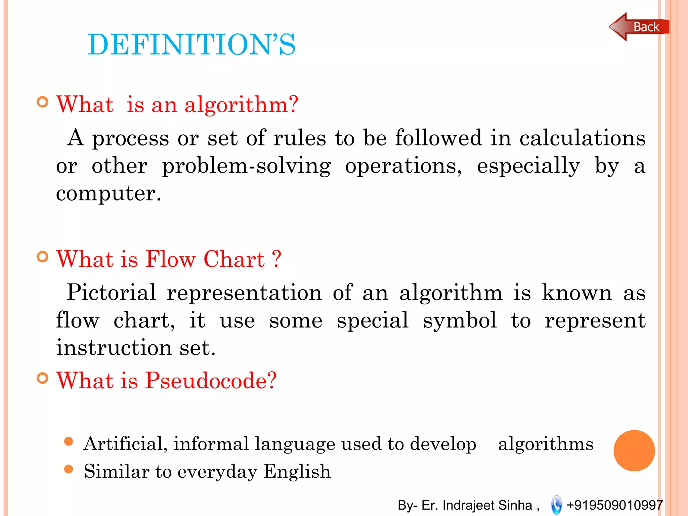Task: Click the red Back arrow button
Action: tap(638, 27)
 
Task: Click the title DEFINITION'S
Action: tap(191, 44)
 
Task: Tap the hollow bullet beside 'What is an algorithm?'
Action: tap(43, 102)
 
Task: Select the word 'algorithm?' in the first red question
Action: tap(241, 105)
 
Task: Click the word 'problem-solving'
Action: tap(247, 166)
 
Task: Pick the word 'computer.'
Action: tap(109, 193)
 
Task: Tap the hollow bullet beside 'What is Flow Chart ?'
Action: tap(43, 257)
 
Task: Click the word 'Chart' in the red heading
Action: tap(234, 259)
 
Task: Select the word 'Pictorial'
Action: tap(111, 292)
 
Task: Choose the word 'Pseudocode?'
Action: tap(211, 381)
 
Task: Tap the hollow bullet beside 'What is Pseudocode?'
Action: tap(43, 378)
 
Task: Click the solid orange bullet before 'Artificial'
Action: tap(69, 441)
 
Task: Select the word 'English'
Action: tap(297, 471)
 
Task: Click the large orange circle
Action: tap(634, 450)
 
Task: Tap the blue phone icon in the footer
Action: tap(556, 505)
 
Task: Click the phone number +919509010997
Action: tap(614, 505)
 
